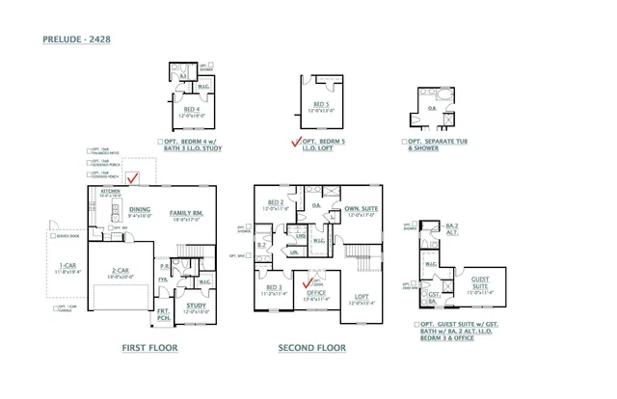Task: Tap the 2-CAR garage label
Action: (120, 270)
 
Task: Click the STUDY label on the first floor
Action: (196, 306)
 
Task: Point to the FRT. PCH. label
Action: (164, 314)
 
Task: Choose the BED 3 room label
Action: (274, 286)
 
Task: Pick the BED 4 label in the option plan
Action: (192, 109)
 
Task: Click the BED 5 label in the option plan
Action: (321, 104)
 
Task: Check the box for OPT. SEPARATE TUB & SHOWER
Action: (405, 142)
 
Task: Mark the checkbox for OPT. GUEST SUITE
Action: (415, 325)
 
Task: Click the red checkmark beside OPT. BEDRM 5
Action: (297, 142)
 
